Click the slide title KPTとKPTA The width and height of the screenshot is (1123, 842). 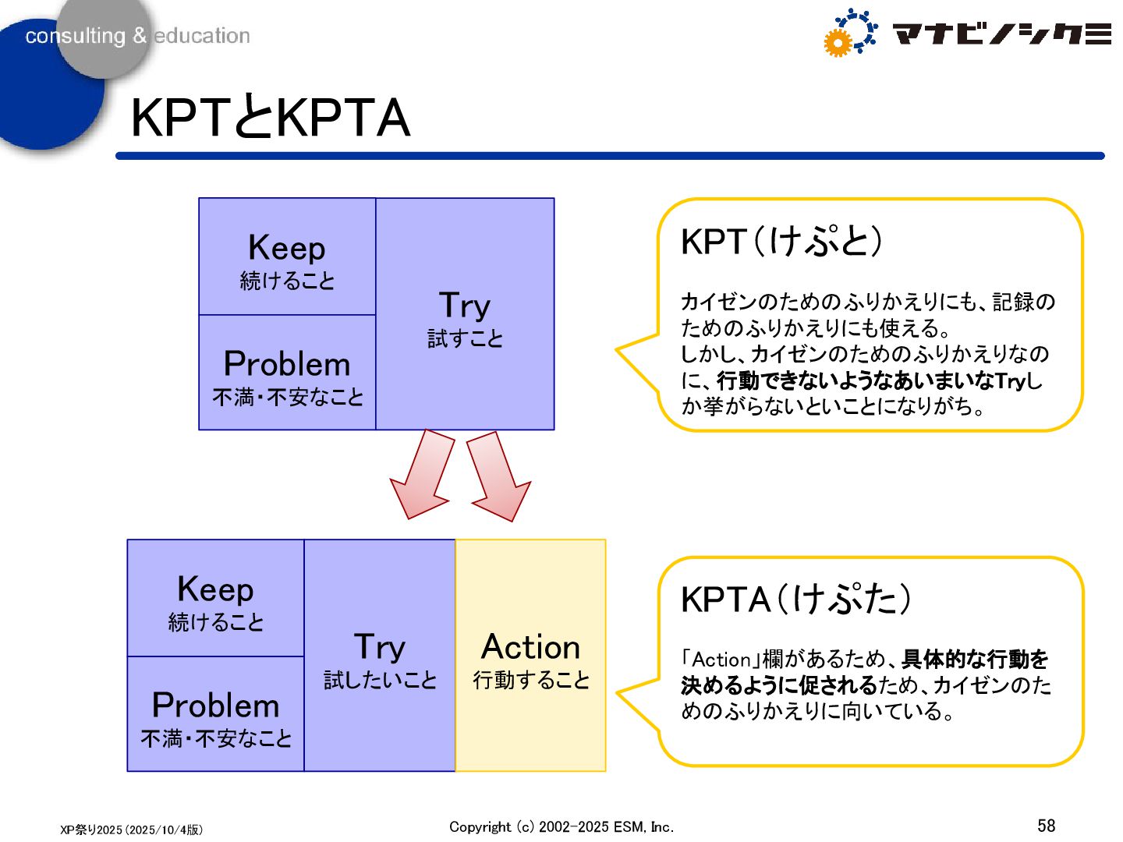click(x=270, y=119)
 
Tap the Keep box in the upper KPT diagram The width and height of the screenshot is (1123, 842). click(x=287, y=257)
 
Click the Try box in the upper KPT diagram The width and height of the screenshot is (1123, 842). click(x=465, y=314)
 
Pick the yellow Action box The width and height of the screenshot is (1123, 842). click(x=530, y=656)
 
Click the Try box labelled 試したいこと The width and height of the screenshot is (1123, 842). click(x=380, y=656)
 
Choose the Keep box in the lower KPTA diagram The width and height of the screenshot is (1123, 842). click(x=215, y=599)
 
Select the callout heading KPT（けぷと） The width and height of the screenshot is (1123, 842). click(x=781, y=242)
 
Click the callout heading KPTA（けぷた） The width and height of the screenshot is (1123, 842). click(x=795, y=600)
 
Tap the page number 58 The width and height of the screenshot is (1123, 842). click(x=1046, y=826)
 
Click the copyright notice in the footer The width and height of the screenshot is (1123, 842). click(x=561, y=827)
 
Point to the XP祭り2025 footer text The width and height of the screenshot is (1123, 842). click(x=131, y=830)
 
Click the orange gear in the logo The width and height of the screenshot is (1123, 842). click(x=837, y=44)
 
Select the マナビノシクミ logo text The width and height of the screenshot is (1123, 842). click(x=1001, y=34)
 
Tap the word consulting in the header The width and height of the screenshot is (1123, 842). click(x=75, y=36)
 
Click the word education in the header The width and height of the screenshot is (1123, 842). click(x=202, y=36)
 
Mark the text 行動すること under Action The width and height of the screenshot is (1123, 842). click(x=530, y=680)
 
